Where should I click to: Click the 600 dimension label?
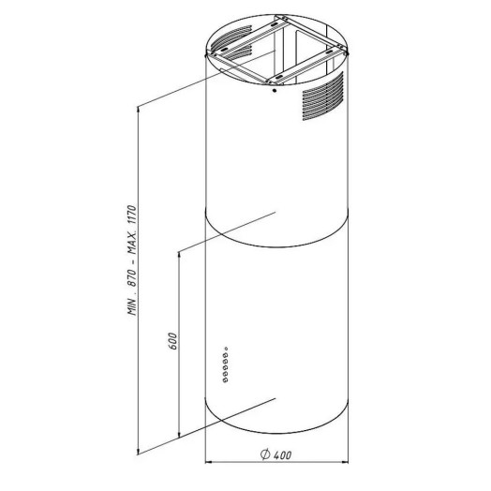[x=172, y=341]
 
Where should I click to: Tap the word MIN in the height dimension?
[x=132, y=306]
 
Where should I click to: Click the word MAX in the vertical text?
[x=132, y=245]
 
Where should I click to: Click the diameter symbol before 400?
[x=265, y=454]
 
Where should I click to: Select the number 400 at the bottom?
[x=282, y=454]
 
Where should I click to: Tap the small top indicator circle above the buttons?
[x=226, y=349]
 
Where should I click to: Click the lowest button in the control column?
[x=225, y=380]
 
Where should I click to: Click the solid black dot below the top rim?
[x=275, y=91]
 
